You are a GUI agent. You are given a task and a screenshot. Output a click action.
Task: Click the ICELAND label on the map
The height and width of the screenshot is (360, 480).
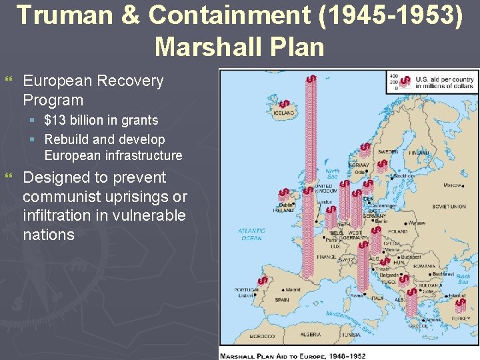click(283, 113)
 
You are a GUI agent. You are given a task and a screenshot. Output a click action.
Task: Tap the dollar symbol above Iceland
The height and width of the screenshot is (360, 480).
click(285, 105)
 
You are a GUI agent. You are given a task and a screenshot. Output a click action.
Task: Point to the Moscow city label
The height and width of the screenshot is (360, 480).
click(453, 185)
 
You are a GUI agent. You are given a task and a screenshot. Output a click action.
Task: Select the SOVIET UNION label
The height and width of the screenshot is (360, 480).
click(449, 207)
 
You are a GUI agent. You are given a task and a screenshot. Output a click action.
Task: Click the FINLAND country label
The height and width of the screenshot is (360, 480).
click(418, 153)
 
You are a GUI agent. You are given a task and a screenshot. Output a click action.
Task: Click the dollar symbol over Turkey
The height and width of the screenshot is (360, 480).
click(459, 305)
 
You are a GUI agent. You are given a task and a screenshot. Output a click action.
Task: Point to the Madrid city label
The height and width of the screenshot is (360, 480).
click(293, 290)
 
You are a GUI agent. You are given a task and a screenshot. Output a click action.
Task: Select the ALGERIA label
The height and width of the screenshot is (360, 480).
click(310, 335)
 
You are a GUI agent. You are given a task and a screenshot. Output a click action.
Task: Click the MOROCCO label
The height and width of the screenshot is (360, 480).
click(262, 336)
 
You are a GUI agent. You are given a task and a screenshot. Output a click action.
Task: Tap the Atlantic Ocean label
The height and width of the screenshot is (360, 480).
click(251, 234)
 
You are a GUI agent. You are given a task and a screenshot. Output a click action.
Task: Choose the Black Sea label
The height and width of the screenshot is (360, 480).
click(463, 278)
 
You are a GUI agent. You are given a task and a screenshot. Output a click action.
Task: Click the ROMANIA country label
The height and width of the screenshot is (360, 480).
click(424, 266)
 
